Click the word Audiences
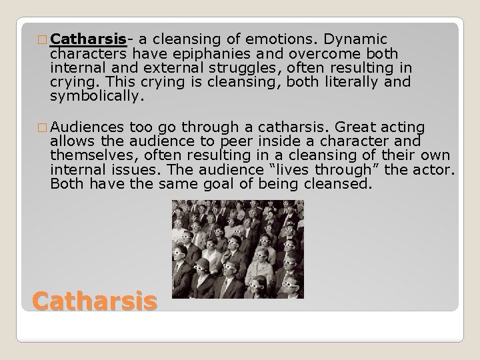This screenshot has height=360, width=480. tap(87, 127)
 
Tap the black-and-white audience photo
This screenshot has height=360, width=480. tap(237, 249)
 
